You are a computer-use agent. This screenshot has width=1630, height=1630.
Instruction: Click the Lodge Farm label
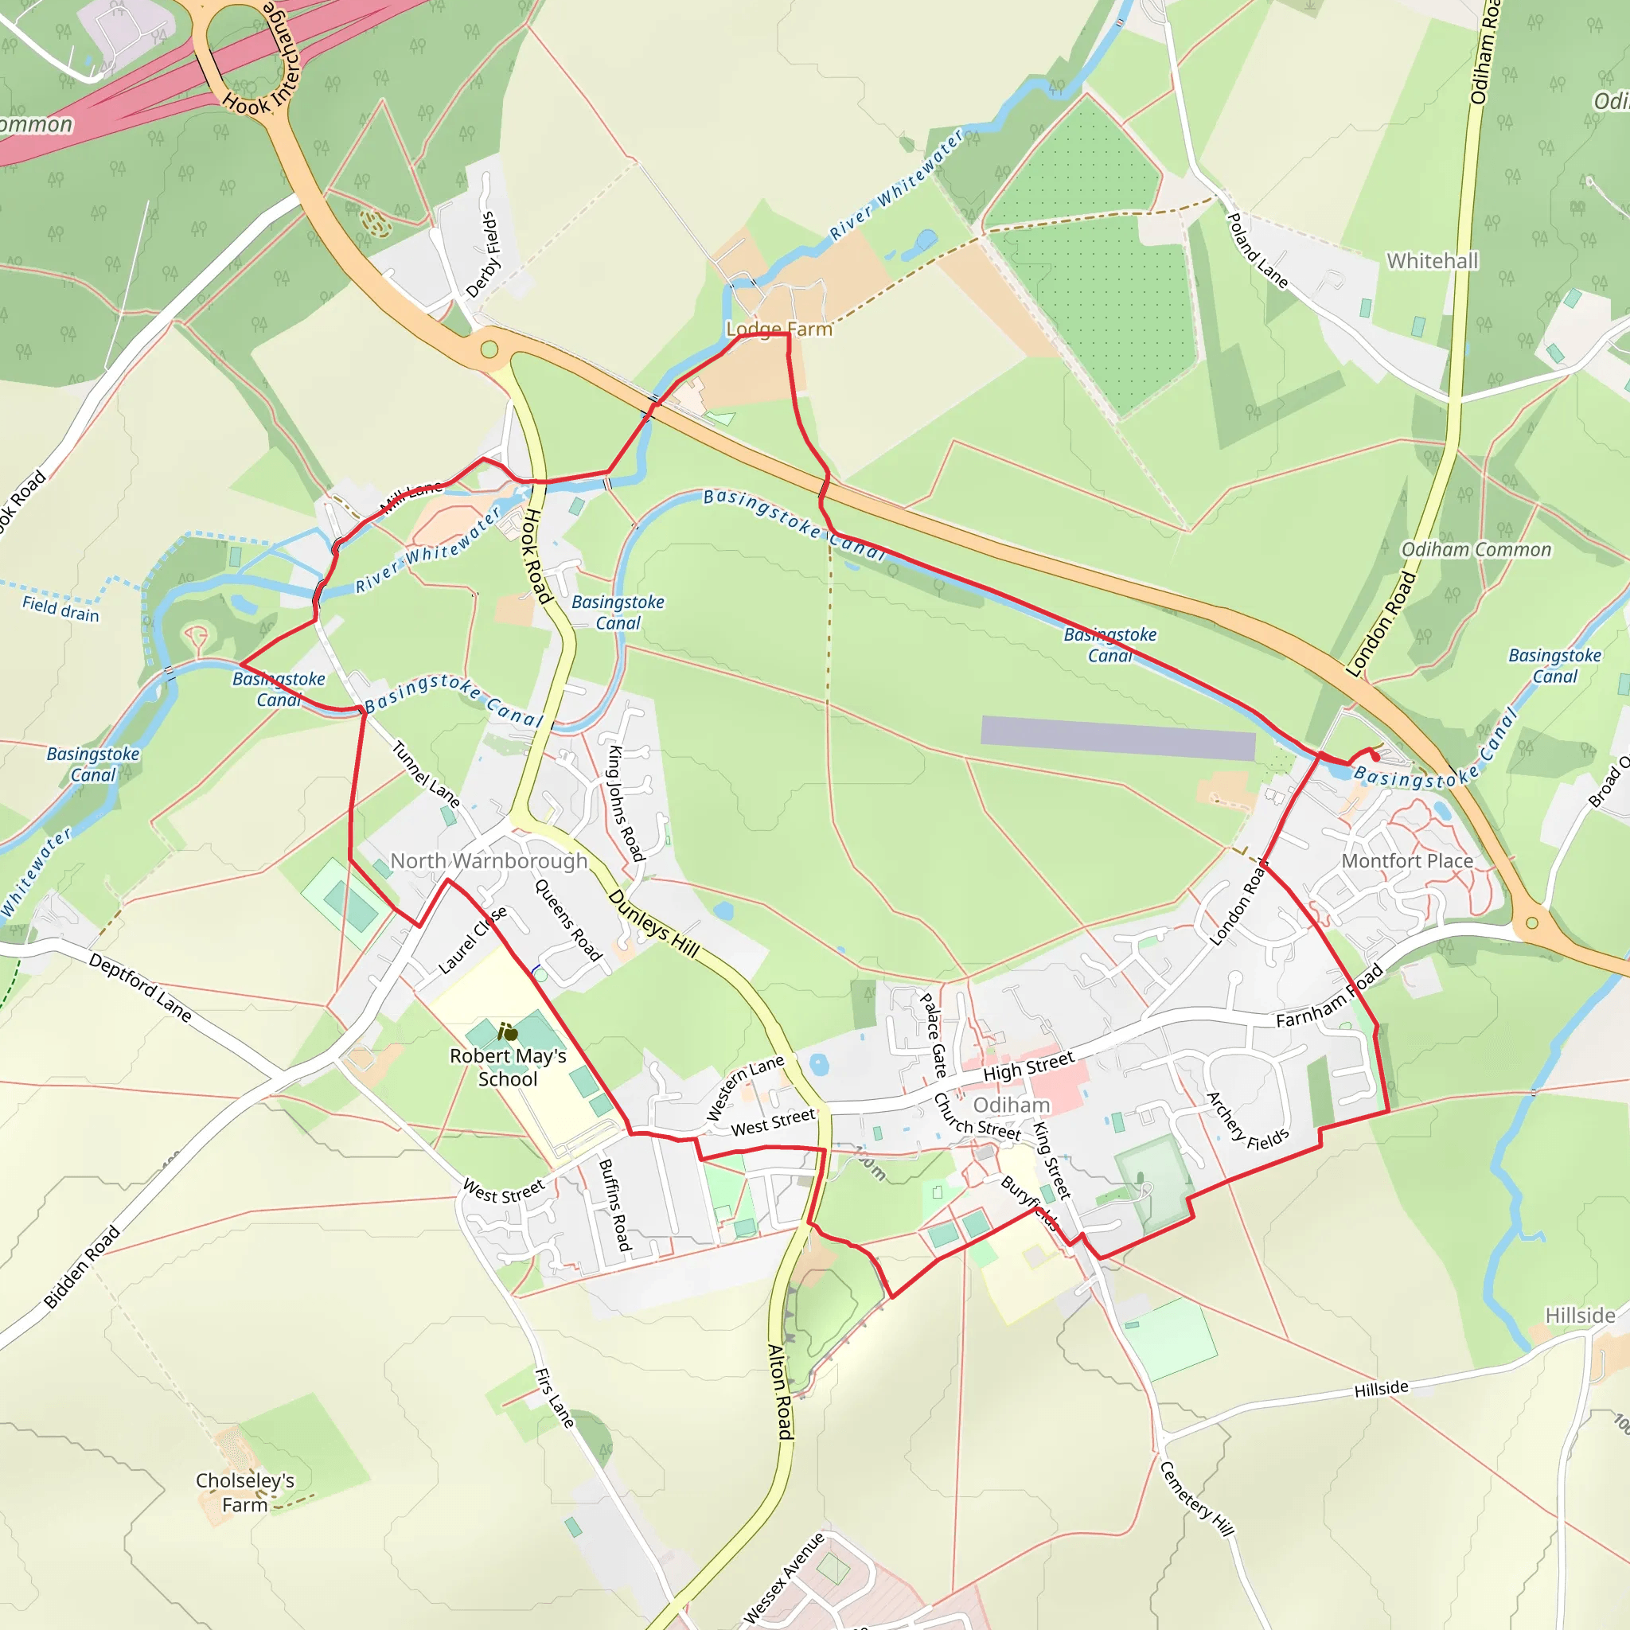pos(779,329)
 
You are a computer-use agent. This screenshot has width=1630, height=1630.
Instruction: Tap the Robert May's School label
pos(508,1067)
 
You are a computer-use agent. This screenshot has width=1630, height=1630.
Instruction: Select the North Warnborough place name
pos(489,860)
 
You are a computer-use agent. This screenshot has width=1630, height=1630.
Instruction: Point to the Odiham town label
pos(1012,1106)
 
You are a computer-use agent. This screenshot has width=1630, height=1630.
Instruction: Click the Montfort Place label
pos(1407,860)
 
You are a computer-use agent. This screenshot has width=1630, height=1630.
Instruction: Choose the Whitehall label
pos(1433,261)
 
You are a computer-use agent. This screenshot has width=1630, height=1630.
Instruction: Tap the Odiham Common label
pos(1476,550)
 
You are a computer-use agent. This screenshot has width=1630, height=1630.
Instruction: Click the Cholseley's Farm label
pos(244,1492)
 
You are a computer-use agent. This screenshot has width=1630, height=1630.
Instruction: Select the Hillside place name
pos(1580,1316)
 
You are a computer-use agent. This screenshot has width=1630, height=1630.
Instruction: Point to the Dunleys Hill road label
pos(654,924)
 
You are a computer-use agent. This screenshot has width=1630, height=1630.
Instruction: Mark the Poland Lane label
pos(1256,251)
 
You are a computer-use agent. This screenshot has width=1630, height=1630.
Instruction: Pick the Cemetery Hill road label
pos(1196,1498)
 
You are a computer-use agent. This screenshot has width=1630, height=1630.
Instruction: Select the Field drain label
pos(60,608)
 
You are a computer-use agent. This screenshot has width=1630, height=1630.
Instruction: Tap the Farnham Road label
pos(1330,996)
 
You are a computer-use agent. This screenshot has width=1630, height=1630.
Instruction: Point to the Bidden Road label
pos(82,1267)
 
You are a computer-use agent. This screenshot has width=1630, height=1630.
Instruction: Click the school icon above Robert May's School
pos(508,1031)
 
